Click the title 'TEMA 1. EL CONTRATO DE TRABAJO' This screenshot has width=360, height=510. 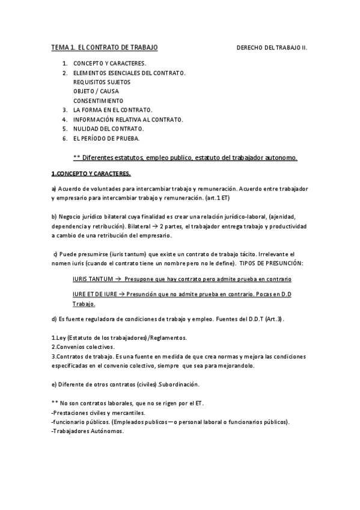[x=105, y=47]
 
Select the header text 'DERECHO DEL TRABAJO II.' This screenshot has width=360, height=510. [x=272, y=47]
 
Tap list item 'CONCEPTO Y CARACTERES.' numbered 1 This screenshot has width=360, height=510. [x=109, y=63]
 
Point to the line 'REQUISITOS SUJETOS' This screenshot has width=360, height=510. [x=102, y=82]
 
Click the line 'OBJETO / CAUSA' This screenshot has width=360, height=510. [x=96, y=91]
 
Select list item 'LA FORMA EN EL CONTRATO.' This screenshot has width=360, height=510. [x=113, y=110]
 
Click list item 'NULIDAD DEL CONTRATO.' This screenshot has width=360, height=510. [x=108, y=129]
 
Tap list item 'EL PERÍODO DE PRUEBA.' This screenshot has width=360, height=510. [x=106, y=138]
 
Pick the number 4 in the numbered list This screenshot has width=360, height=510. [x=65, y=120]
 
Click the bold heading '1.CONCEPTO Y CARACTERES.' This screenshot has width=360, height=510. [x=91, y=174]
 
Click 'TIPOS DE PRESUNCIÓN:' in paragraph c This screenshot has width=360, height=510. [x=272, y=263]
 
